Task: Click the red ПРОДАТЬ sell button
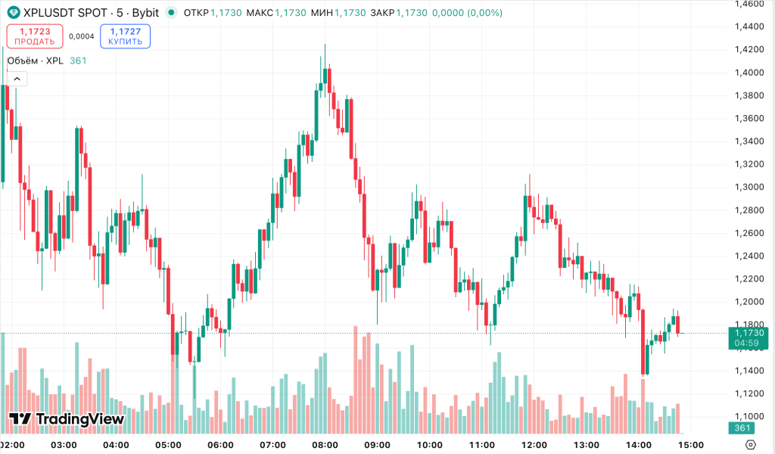35,36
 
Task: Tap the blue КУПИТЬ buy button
125,36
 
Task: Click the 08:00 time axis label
325,444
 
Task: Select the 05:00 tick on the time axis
167,444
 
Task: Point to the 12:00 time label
534,444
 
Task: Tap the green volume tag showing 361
742,429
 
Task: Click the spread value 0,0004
81,36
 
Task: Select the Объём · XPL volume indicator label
35,61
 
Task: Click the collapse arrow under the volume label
17,78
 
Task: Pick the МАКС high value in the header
290,13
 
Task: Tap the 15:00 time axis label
691,444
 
